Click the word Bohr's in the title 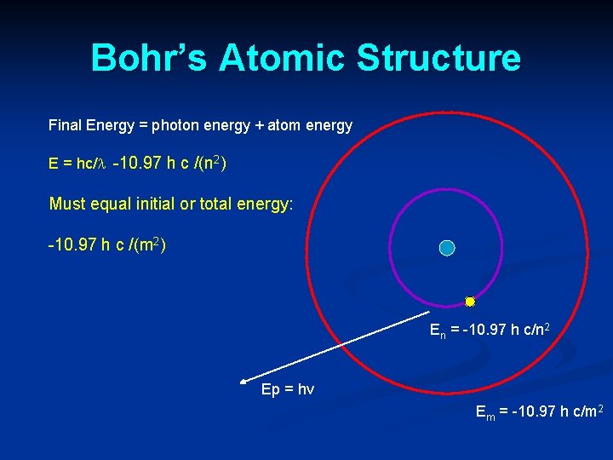(148, 58)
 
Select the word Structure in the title (438, 58)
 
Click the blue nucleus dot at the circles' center (447, 248)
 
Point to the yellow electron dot (469, 302)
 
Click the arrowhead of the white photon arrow (243, 383)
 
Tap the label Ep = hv (288, 389)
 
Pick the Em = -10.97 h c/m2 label (540, 413)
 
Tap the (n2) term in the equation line (210, 162)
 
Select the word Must (67, 204)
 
